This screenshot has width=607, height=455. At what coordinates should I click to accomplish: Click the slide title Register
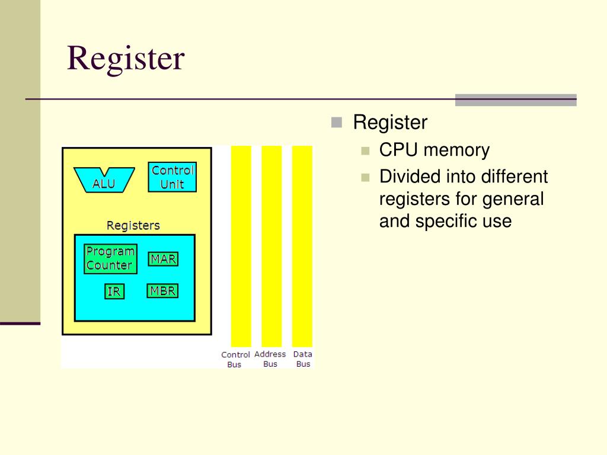[126, 59]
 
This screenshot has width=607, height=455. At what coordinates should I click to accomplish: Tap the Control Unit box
[172, 177]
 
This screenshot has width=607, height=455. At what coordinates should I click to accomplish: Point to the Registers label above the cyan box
[133, 226]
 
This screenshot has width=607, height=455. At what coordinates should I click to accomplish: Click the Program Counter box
[110, 259]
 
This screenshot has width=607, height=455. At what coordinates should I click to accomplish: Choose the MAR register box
[163, 259]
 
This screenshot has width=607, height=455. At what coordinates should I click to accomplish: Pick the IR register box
[114, 291]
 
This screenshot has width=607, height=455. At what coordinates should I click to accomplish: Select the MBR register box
[162, 291]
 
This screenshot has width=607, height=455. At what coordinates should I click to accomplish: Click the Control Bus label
[235, 360]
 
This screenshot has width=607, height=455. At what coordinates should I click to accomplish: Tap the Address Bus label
[270, 359]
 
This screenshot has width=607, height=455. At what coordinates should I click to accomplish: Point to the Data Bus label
[303, 359]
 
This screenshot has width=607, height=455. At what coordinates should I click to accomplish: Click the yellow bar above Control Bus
[241, 246]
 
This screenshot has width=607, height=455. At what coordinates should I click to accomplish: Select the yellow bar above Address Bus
[271, 246]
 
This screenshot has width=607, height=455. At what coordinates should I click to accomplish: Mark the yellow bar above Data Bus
[302, 246]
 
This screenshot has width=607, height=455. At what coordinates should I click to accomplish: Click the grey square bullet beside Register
[337, 123]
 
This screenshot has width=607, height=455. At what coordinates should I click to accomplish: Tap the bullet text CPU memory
[435, 150]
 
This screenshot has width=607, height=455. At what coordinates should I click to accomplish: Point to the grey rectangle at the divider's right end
[515, 100]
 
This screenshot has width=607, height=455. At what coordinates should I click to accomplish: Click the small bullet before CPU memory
[365, 150]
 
